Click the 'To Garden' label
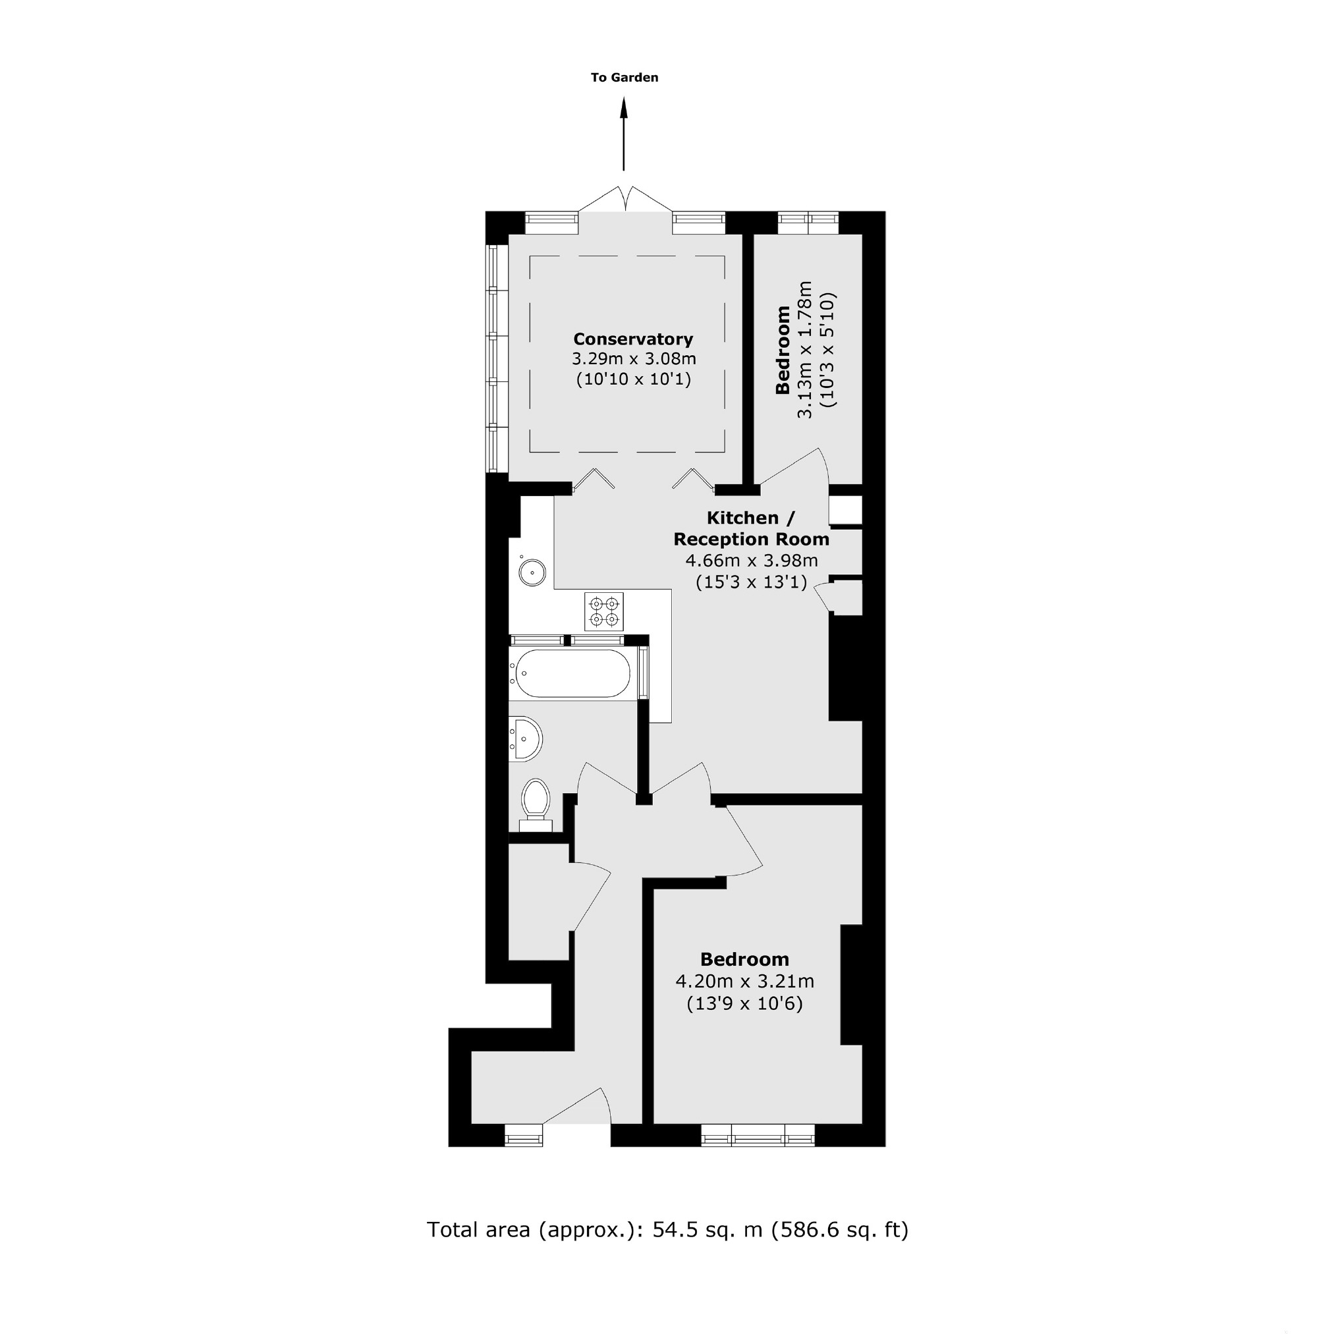[625, 77]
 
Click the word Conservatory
[633, 339]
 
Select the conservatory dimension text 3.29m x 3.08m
[633, 359]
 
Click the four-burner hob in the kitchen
[603, 611]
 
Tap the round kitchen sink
[532, 572]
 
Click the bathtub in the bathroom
[572, 673]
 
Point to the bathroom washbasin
[526, 739]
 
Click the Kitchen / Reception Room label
[751, 528]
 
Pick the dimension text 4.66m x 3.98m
[751, 561]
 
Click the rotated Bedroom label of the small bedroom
[783, 350]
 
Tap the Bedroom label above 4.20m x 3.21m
[744, 959]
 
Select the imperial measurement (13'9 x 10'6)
[744, 1003]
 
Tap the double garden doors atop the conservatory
[625, 200]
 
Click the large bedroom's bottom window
[758, 1135]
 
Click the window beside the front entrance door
[523, 1135]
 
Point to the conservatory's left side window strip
[492, 358]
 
